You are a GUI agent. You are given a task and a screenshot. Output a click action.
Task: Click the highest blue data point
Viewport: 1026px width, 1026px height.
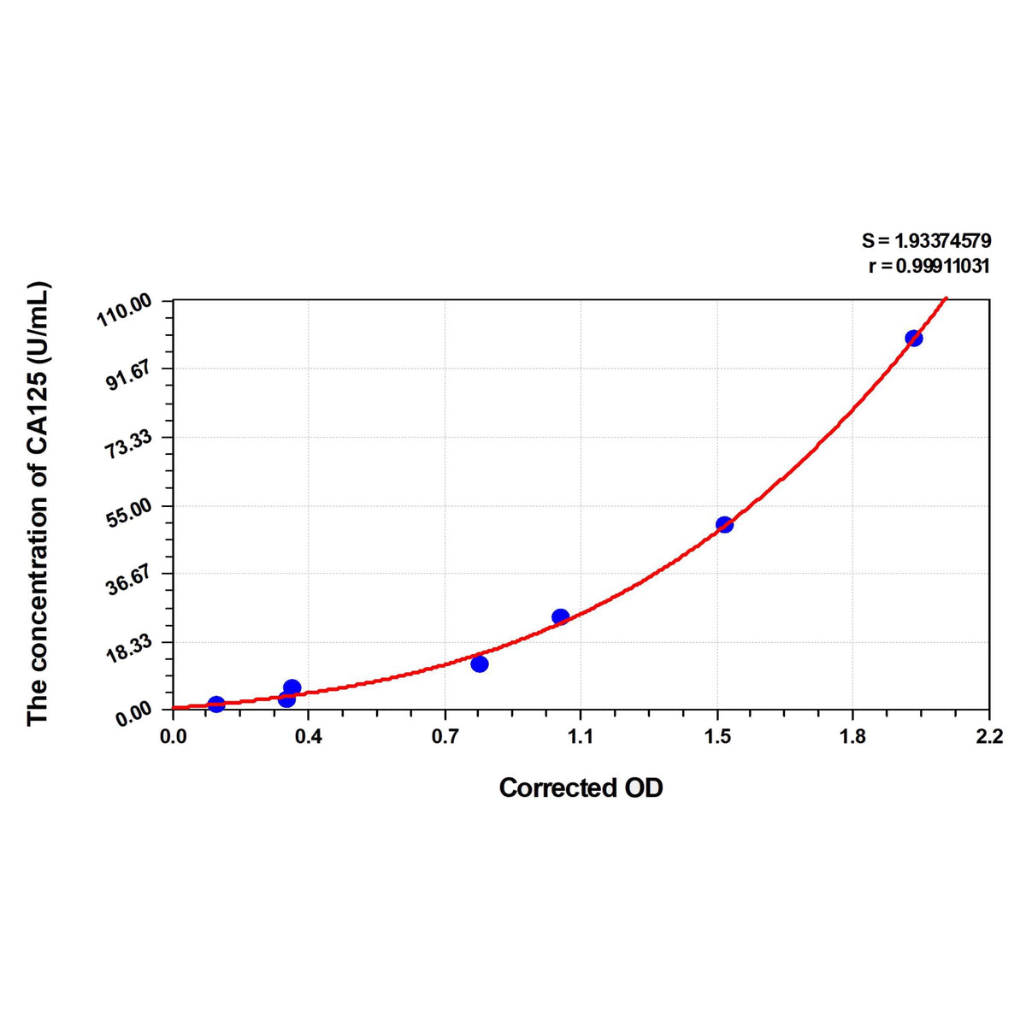[x=913, y=338]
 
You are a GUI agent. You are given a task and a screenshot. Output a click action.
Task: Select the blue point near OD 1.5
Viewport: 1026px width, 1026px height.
[x=724, y=524]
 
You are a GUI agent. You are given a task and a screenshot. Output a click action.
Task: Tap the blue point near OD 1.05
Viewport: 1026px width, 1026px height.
[x=560, y=616]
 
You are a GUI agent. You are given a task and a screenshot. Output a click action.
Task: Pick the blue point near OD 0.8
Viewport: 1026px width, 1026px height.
[x=480, y=663]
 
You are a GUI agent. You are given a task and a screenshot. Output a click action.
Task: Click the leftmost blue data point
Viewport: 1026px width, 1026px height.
[x=216, y=705]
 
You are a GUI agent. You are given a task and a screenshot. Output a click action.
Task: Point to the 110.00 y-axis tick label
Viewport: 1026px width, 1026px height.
[x=125, y=310]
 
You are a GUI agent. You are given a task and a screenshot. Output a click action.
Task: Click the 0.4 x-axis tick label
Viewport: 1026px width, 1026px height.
[x=309, y=736]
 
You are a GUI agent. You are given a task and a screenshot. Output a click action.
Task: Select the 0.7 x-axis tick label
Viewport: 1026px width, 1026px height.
[x=445, y=736]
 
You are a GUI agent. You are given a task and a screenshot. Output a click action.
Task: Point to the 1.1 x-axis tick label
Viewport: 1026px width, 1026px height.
[x=581, y=736]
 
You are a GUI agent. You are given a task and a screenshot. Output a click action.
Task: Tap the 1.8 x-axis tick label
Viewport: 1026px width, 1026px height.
[x=852, y=736]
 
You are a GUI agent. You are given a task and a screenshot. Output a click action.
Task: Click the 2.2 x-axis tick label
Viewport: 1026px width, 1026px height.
[x=988, y=736]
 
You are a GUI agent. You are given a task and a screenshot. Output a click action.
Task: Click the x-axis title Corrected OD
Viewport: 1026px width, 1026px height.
[x=581, y=787]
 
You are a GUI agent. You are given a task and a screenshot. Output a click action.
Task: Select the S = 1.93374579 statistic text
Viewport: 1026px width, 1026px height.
[x=926, y=242]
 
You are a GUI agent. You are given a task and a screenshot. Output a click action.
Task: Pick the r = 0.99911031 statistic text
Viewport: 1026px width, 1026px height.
[x=929, y=266]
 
